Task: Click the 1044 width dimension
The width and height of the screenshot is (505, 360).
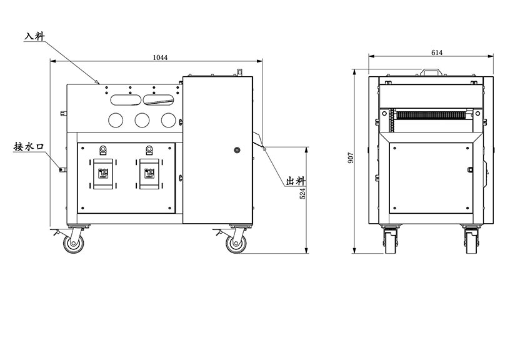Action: [x=160, y=57]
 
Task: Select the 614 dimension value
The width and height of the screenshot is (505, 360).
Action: [x=437, y=52]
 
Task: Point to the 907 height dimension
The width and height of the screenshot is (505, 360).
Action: [x=351, y=157]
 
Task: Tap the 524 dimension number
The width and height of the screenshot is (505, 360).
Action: [x=302, y=194]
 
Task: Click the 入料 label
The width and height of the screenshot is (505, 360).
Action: [x=35, y=36]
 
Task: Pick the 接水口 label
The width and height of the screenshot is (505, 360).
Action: [x=28, y=147]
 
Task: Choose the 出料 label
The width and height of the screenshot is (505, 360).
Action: [x=296, y=181]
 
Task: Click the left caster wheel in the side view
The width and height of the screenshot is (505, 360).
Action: [x=74, y=244]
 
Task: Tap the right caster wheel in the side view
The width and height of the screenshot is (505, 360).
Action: [x=236, y=244]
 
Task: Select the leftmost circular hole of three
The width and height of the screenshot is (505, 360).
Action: [x=116, y=120]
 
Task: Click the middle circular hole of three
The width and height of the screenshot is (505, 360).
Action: [x=142, y=120]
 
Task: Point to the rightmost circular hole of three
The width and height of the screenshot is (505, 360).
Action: [x=169, y=120]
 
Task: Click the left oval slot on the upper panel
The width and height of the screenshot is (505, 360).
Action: [x=126, y=99]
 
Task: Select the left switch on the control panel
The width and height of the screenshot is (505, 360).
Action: [x=103, y=174]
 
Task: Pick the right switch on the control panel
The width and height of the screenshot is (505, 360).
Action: [x=149, y=174]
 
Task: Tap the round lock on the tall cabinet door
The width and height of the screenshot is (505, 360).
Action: [x=237, y=150]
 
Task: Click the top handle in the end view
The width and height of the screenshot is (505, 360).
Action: [x=431, y=71]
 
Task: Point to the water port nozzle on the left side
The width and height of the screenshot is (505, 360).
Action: [x=62, y=169]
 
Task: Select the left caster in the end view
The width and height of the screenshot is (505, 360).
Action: [x=391, y=239]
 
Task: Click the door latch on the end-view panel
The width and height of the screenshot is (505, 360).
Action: [x=470, y=169]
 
